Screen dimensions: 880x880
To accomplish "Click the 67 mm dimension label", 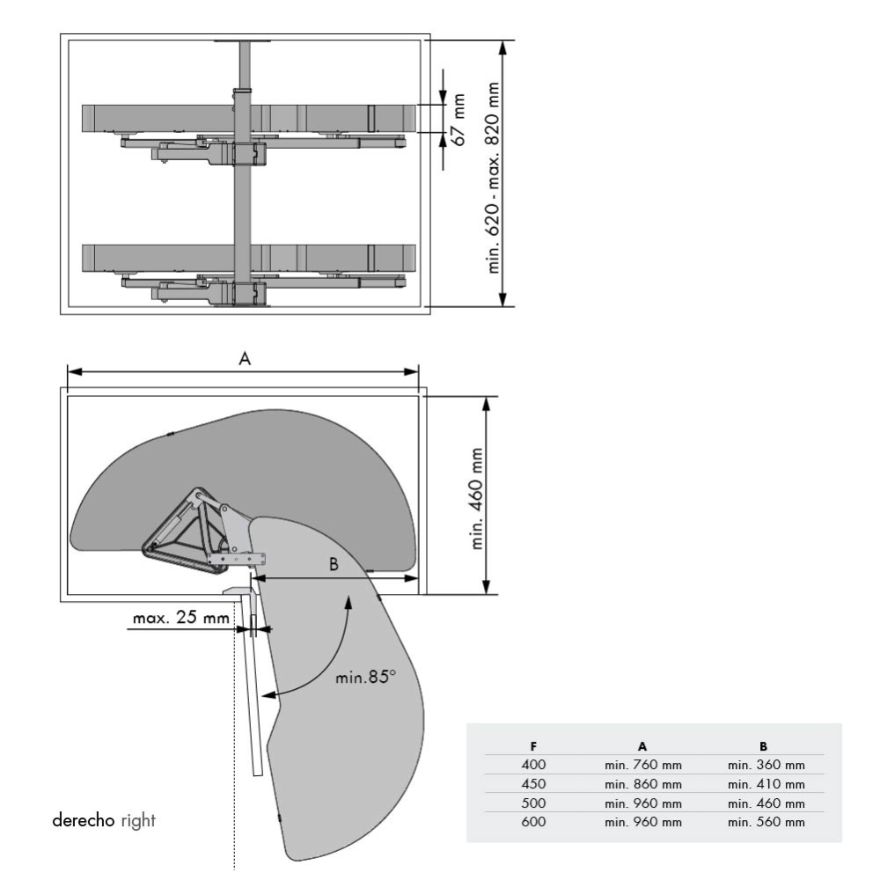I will point(457,119).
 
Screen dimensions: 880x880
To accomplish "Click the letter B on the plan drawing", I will point(334,564).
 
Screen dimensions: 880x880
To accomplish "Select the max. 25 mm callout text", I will point(180,618).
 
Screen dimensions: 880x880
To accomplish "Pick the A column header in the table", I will point(643,745).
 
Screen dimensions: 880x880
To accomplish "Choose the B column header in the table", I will point(764,745).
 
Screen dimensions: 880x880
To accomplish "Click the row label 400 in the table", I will point(533,765).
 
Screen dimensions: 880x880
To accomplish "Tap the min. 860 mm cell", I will point(643,784).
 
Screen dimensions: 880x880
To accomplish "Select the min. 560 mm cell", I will point(766,822).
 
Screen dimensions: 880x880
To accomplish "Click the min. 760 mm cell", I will point(643,765).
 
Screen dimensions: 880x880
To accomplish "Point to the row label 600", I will point(533,822).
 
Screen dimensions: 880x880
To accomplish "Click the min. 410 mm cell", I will point(766,784).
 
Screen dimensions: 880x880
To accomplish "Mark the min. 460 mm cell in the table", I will point(766,803).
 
